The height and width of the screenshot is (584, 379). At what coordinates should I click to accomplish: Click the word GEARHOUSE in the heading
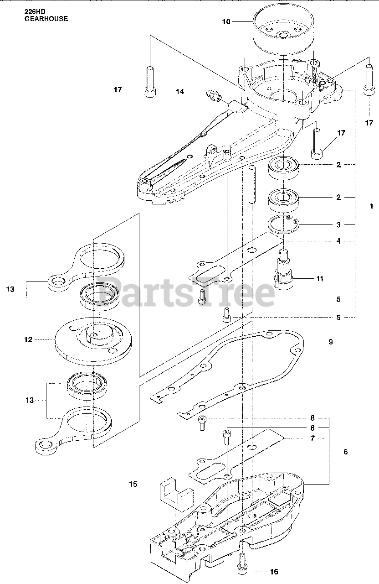tap(46, 19)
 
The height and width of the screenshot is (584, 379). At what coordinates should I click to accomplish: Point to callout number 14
tap(180, 92)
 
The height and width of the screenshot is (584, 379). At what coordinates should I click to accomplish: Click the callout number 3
tap(338, 224)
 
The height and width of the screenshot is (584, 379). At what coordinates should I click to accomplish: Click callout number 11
tap(320, 278)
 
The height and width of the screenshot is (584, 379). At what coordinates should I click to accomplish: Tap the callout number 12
tap(28, 339)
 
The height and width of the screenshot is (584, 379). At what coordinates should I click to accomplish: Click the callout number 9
tap(330, 342)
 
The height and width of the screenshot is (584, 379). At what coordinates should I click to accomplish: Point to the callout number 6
tap(345, 452)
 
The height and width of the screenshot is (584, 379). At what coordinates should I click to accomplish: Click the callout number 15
tap(133, 484)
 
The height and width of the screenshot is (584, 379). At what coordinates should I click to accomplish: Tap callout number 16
tap(274, 571)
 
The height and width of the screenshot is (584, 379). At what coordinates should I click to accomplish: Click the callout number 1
tap(371, 206)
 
